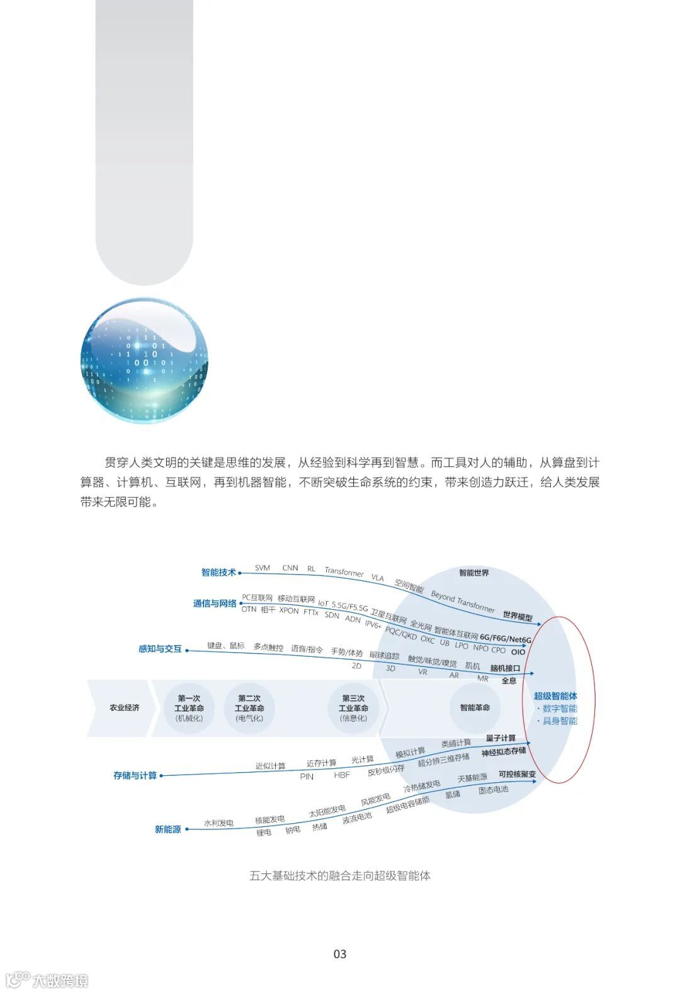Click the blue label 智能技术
[x=218, y=572]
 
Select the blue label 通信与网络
[x=215, y=603]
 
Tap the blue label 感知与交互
[x=160, y=649]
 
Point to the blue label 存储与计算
[x=135, y=775]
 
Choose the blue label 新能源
[x=168, y=829]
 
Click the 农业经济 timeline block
[x=124, y=708]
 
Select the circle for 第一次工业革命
[x=189, y=708]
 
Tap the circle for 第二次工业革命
[x=249, y=708]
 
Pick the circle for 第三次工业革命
[x=353, y=708]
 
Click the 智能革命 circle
[x=475, y=708]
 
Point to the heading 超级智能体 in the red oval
[x=555, y=696]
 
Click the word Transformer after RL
[x=344, y=571]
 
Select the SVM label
[x=263, y=568]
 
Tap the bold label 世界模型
[x=518, y=616]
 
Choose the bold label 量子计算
[x=501, y=738]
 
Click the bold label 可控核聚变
[x=517, y=774]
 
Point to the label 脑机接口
[x=505, y=668]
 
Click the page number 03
[x=340, y=954]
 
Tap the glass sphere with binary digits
[x=144, y=360]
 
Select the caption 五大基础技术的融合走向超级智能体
[x=340, y=875]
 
